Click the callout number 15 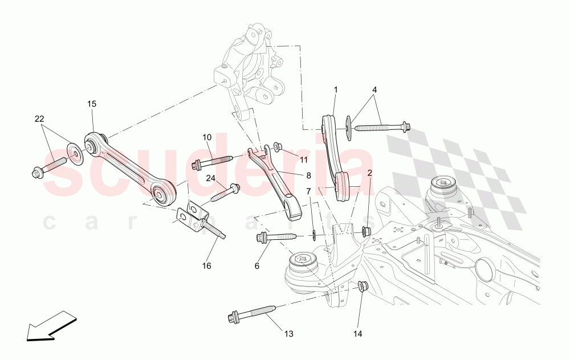pyautogui.click(x=92, y=104)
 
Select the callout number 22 pyautogui.click(x=39, y=118)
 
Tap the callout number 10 pyautogui.click(x=206, y=137)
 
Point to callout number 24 pyautogui.click(x=211, y=178)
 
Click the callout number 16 pyautogui.click(x=206, y=265)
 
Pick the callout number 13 pyautogui.click(x=288, y=333)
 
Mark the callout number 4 pyautogui.click(x=374, y=90)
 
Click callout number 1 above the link pyautogui.click(x=336, y=90)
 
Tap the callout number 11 pyautogui.click(x=304, y=160)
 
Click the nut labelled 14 pyautogui.click(x=361, y=285)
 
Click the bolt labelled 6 pyautogui.click(x=276, y=237)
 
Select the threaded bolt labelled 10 pyautogui.click(x=213, y=162)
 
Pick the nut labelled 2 pyautogui.click(x=366, y=231)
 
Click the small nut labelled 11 pyautogui.click(x=277, y=147)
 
